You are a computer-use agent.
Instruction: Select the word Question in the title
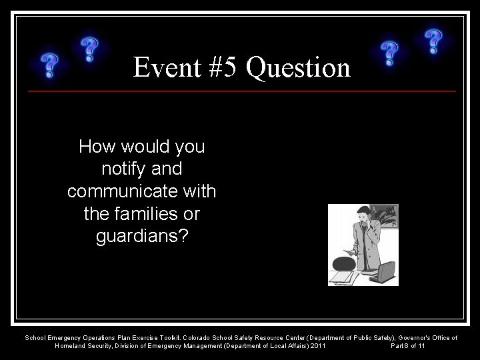tap(297, 67)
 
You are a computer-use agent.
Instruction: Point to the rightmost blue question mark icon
tap(434, 42)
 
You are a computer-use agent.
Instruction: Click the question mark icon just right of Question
tap(389, 53)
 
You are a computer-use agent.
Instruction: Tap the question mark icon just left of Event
tap(90, 49)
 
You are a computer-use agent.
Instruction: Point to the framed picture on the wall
tap(385, 217)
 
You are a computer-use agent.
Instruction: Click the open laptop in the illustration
tap(386, 271)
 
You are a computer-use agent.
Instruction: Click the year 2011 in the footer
tap(317, 346)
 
